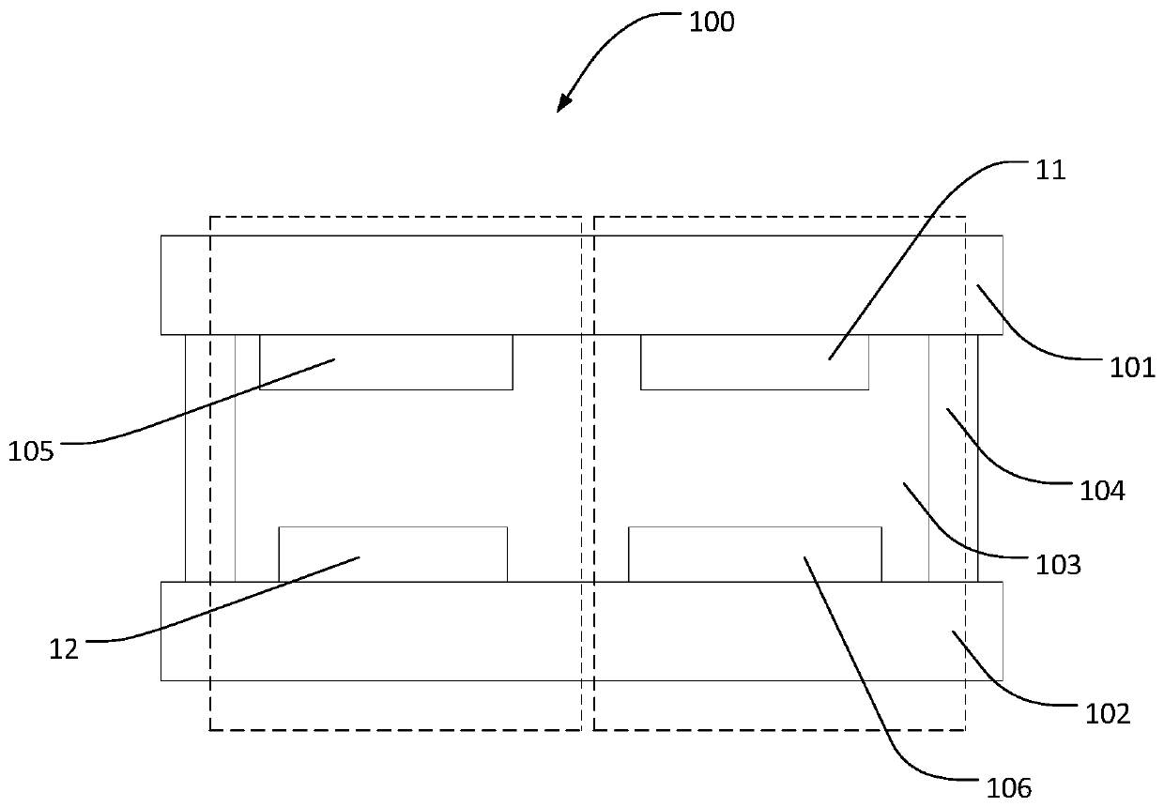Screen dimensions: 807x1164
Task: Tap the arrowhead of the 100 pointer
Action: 561,105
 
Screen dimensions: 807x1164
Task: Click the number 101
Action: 1133,367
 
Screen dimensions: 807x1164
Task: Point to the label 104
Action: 1102,490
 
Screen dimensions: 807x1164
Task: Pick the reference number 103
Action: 1058,565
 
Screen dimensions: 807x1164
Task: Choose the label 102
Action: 1108,714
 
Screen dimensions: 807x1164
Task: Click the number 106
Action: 1008,786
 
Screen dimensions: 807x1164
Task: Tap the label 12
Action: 64,648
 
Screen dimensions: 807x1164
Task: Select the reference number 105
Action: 31,451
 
